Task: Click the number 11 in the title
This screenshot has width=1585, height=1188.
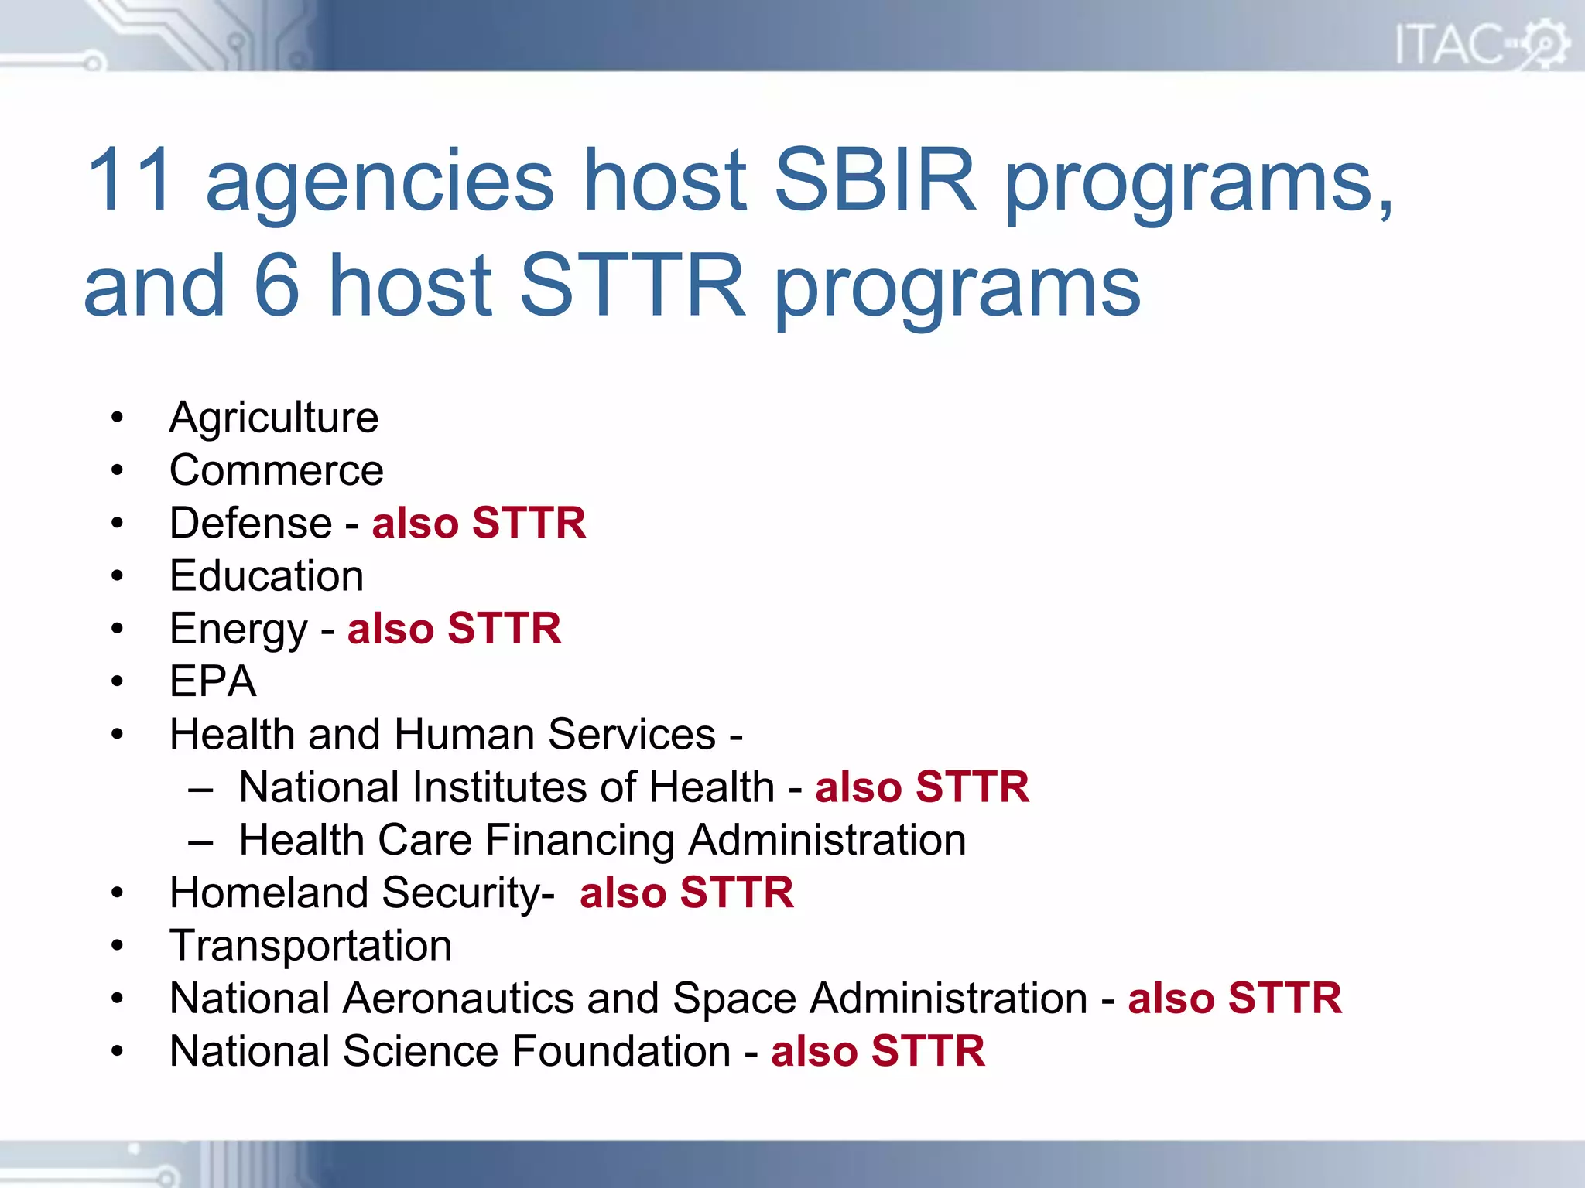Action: pos(130,179)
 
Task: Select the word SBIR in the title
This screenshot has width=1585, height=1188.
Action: pos(875,179)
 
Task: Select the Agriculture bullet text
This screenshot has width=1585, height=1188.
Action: pos(274,418)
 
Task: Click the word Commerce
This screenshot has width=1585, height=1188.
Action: pos(276,470)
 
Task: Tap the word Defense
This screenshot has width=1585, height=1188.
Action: pos(251,523)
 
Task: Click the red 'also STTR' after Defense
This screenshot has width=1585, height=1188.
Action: pos(478,523)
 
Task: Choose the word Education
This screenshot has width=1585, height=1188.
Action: pos(266,576)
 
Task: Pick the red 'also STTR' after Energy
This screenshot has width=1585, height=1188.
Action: pos(454,628)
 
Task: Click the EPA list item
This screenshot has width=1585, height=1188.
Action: pos(213,681)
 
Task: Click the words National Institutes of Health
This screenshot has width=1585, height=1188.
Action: pos(506,787)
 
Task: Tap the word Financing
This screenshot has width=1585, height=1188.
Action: pos(580,840)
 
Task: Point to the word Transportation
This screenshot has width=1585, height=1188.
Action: pos(310,946)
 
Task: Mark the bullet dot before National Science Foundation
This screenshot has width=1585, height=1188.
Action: pos(117,1051)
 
